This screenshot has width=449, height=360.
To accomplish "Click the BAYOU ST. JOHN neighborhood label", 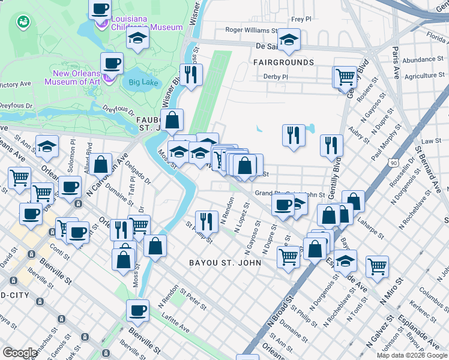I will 225,263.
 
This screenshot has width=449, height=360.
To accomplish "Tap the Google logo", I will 20,353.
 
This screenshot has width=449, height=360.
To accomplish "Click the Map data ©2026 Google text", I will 411,355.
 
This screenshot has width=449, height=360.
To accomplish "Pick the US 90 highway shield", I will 393,163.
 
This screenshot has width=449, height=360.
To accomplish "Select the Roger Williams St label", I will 252,29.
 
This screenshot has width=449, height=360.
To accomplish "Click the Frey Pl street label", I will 301,19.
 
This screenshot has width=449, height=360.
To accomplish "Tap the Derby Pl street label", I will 276,77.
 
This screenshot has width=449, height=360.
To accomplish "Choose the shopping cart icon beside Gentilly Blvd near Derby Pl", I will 345,76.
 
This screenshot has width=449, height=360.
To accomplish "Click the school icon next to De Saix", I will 289,40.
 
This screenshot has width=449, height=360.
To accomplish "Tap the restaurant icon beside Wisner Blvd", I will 191,74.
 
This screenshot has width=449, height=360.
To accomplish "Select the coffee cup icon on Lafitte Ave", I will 137,310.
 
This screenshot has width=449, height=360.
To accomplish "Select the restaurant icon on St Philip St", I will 205,221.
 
